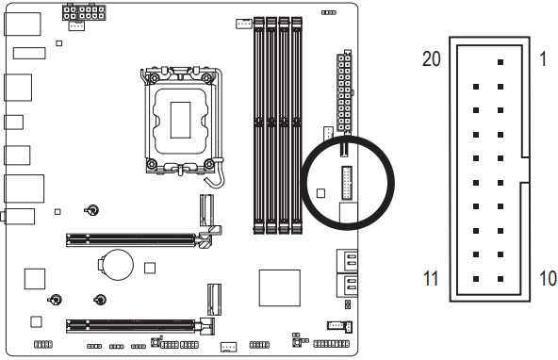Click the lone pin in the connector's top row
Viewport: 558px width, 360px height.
pos(500,62)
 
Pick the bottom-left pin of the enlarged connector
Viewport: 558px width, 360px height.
pos(475,280)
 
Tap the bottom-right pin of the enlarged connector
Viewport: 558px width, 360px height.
pos(500,280)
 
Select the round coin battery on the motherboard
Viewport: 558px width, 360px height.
pos(117,262)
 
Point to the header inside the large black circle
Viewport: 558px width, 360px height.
pos(348,182)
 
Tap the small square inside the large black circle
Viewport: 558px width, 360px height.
pos(320,192)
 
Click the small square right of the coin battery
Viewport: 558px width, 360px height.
pos(149,268)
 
